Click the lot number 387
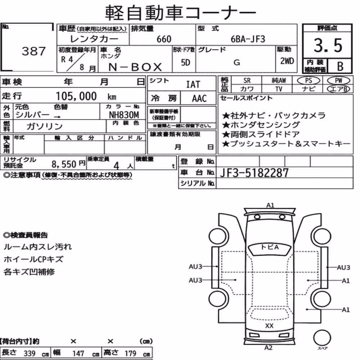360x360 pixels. point(34,51)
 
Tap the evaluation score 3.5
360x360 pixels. point(328,45)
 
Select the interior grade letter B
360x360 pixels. point(340,66)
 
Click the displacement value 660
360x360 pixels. point(164,39)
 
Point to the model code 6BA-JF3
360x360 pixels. point(248,39)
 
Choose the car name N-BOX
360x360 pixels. point(135,67)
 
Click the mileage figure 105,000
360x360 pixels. point(76,96)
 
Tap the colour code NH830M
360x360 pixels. point(124,114)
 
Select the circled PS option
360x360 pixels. point(309,81)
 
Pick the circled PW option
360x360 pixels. point(338,81)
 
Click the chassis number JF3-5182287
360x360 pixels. point(254,173)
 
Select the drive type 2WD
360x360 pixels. point(287,61)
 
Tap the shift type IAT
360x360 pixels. point(193,85)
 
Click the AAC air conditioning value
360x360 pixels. point(199,99)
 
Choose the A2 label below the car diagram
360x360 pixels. point(268,348)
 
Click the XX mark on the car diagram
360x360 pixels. point(269,325)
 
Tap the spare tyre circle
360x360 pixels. point(322,338)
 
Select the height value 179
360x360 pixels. point(130,353)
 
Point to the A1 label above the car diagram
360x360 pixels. point(270,205)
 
